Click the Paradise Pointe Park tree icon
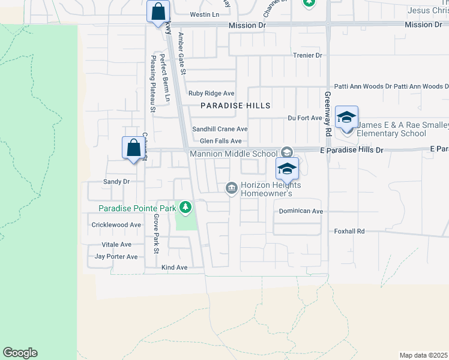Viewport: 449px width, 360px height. [x=186, y=208]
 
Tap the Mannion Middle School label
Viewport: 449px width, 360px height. [x=234, y=154]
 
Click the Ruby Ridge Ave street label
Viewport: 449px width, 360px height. [x=211, y=94]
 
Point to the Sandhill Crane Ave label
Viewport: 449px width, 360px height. [x=220, y=129]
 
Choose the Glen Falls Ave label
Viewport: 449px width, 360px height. [x=220, y=141]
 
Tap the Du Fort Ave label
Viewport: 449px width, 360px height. [x=305, y=118]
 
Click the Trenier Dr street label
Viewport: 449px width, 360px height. [x=307, y=55]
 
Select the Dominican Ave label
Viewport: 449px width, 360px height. [x=301, y=212]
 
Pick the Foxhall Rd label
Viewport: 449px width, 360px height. [x=349, y=231]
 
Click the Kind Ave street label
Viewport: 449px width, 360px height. [x=174, y=267]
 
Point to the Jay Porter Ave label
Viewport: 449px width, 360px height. [x=116, y=257]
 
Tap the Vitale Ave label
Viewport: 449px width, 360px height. [x=116, y=245]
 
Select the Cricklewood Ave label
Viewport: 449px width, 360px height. [x=116, y=225]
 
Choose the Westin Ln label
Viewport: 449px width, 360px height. [x=202, y=14]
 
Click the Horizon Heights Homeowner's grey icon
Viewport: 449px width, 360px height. [x=231, y=189]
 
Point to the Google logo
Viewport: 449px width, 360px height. [x=20, y=353]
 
